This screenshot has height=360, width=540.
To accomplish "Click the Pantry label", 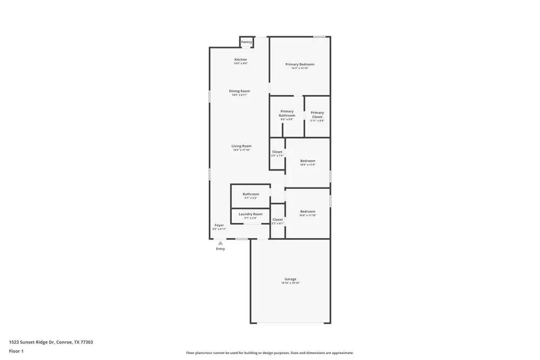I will point(246,42).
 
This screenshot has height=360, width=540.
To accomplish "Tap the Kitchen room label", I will point(241,59).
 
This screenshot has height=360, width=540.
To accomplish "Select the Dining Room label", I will point(239,91).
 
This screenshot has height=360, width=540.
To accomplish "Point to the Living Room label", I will point(241,146).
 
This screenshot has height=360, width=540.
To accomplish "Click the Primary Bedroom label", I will point(300,64).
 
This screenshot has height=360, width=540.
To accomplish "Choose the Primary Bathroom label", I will point(287,113).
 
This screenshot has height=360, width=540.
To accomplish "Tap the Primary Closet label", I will point(318,114).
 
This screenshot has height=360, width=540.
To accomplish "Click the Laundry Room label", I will point(251,214).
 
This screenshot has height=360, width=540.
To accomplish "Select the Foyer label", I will point(219,225).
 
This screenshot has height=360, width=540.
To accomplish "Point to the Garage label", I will point(291,279).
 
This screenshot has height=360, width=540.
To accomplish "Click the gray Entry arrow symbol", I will point(220,243).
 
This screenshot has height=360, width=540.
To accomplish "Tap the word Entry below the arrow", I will point(220,249).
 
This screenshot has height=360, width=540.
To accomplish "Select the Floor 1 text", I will point(16,351).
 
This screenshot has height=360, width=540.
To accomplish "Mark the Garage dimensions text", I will point(291,283).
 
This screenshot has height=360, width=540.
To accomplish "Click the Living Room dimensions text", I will point(241,150).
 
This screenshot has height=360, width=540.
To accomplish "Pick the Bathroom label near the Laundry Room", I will point(251,194).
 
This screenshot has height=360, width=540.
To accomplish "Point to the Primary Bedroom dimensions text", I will point(300,68).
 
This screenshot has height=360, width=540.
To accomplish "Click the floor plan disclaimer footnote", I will point(270,353).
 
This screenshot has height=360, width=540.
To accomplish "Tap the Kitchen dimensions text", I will point(241,64).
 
